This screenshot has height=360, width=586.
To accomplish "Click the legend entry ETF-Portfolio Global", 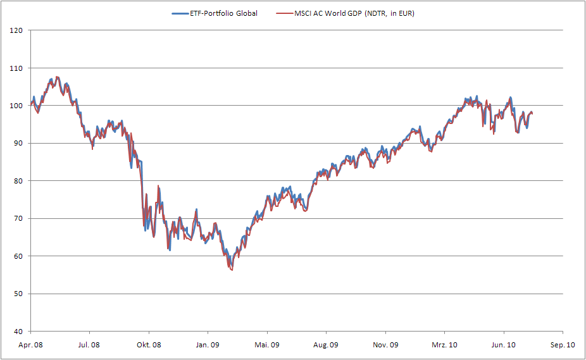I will point(223,13).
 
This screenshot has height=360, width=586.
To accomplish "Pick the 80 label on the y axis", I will point(19,181).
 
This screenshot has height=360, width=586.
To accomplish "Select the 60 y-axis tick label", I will point(19,256).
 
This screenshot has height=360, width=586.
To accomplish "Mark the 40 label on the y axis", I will point(19,332).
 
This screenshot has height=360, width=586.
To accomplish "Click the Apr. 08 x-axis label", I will point(30,345).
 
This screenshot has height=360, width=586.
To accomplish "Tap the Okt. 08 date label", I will point(149,345).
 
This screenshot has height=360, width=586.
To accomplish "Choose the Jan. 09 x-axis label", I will point(208,345).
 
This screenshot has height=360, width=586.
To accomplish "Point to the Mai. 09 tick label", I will point(266,345).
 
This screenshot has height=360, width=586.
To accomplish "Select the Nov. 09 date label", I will point(385,345).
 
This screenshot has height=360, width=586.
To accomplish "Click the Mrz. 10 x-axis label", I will point(444,345).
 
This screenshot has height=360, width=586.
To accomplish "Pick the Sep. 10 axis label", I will point(563,345).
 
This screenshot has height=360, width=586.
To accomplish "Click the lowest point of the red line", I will point(232,270).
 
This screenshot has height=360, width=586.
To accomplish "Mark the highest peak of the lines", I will point(57,77).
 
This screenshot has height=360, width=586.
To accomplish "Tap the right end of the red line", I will point(533,113).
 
